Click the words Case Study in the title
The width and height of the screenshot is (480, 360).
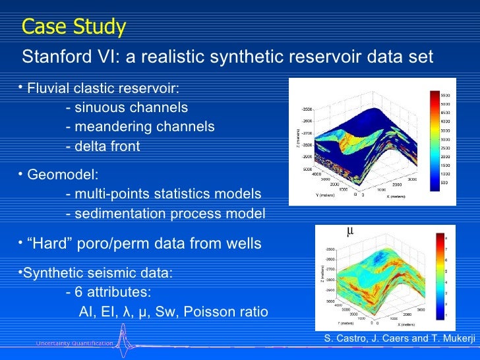click(x=73, y=27)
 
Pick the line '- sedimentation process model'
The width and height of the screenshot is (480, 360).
click(x=166, y=214)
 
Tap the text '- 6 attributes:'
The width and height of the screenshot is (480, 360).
click(x=109, y=291)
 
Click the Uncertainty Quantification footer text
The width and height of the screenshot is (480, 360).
click(x=75, y=344)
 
